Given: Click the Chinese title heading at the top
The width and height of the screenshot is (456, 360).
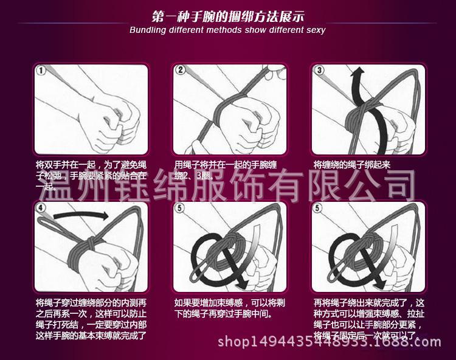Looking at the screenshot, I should click(228, 15).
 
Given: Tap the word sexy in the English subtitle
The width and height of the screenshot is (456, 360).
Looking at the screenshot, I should click(314, 30).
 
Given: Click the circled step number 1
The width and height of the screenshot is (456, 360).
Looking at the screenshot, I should click(41, 71).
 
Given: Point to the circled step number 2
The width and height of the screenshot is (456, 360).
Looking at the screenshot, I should click(180, 71).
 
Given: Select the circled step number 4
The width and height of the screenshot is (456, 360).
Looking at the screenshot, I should click(41, 208).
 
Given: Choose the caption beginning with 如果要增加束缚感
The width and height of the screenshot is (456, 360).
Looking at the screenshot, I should click(228, 308).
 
